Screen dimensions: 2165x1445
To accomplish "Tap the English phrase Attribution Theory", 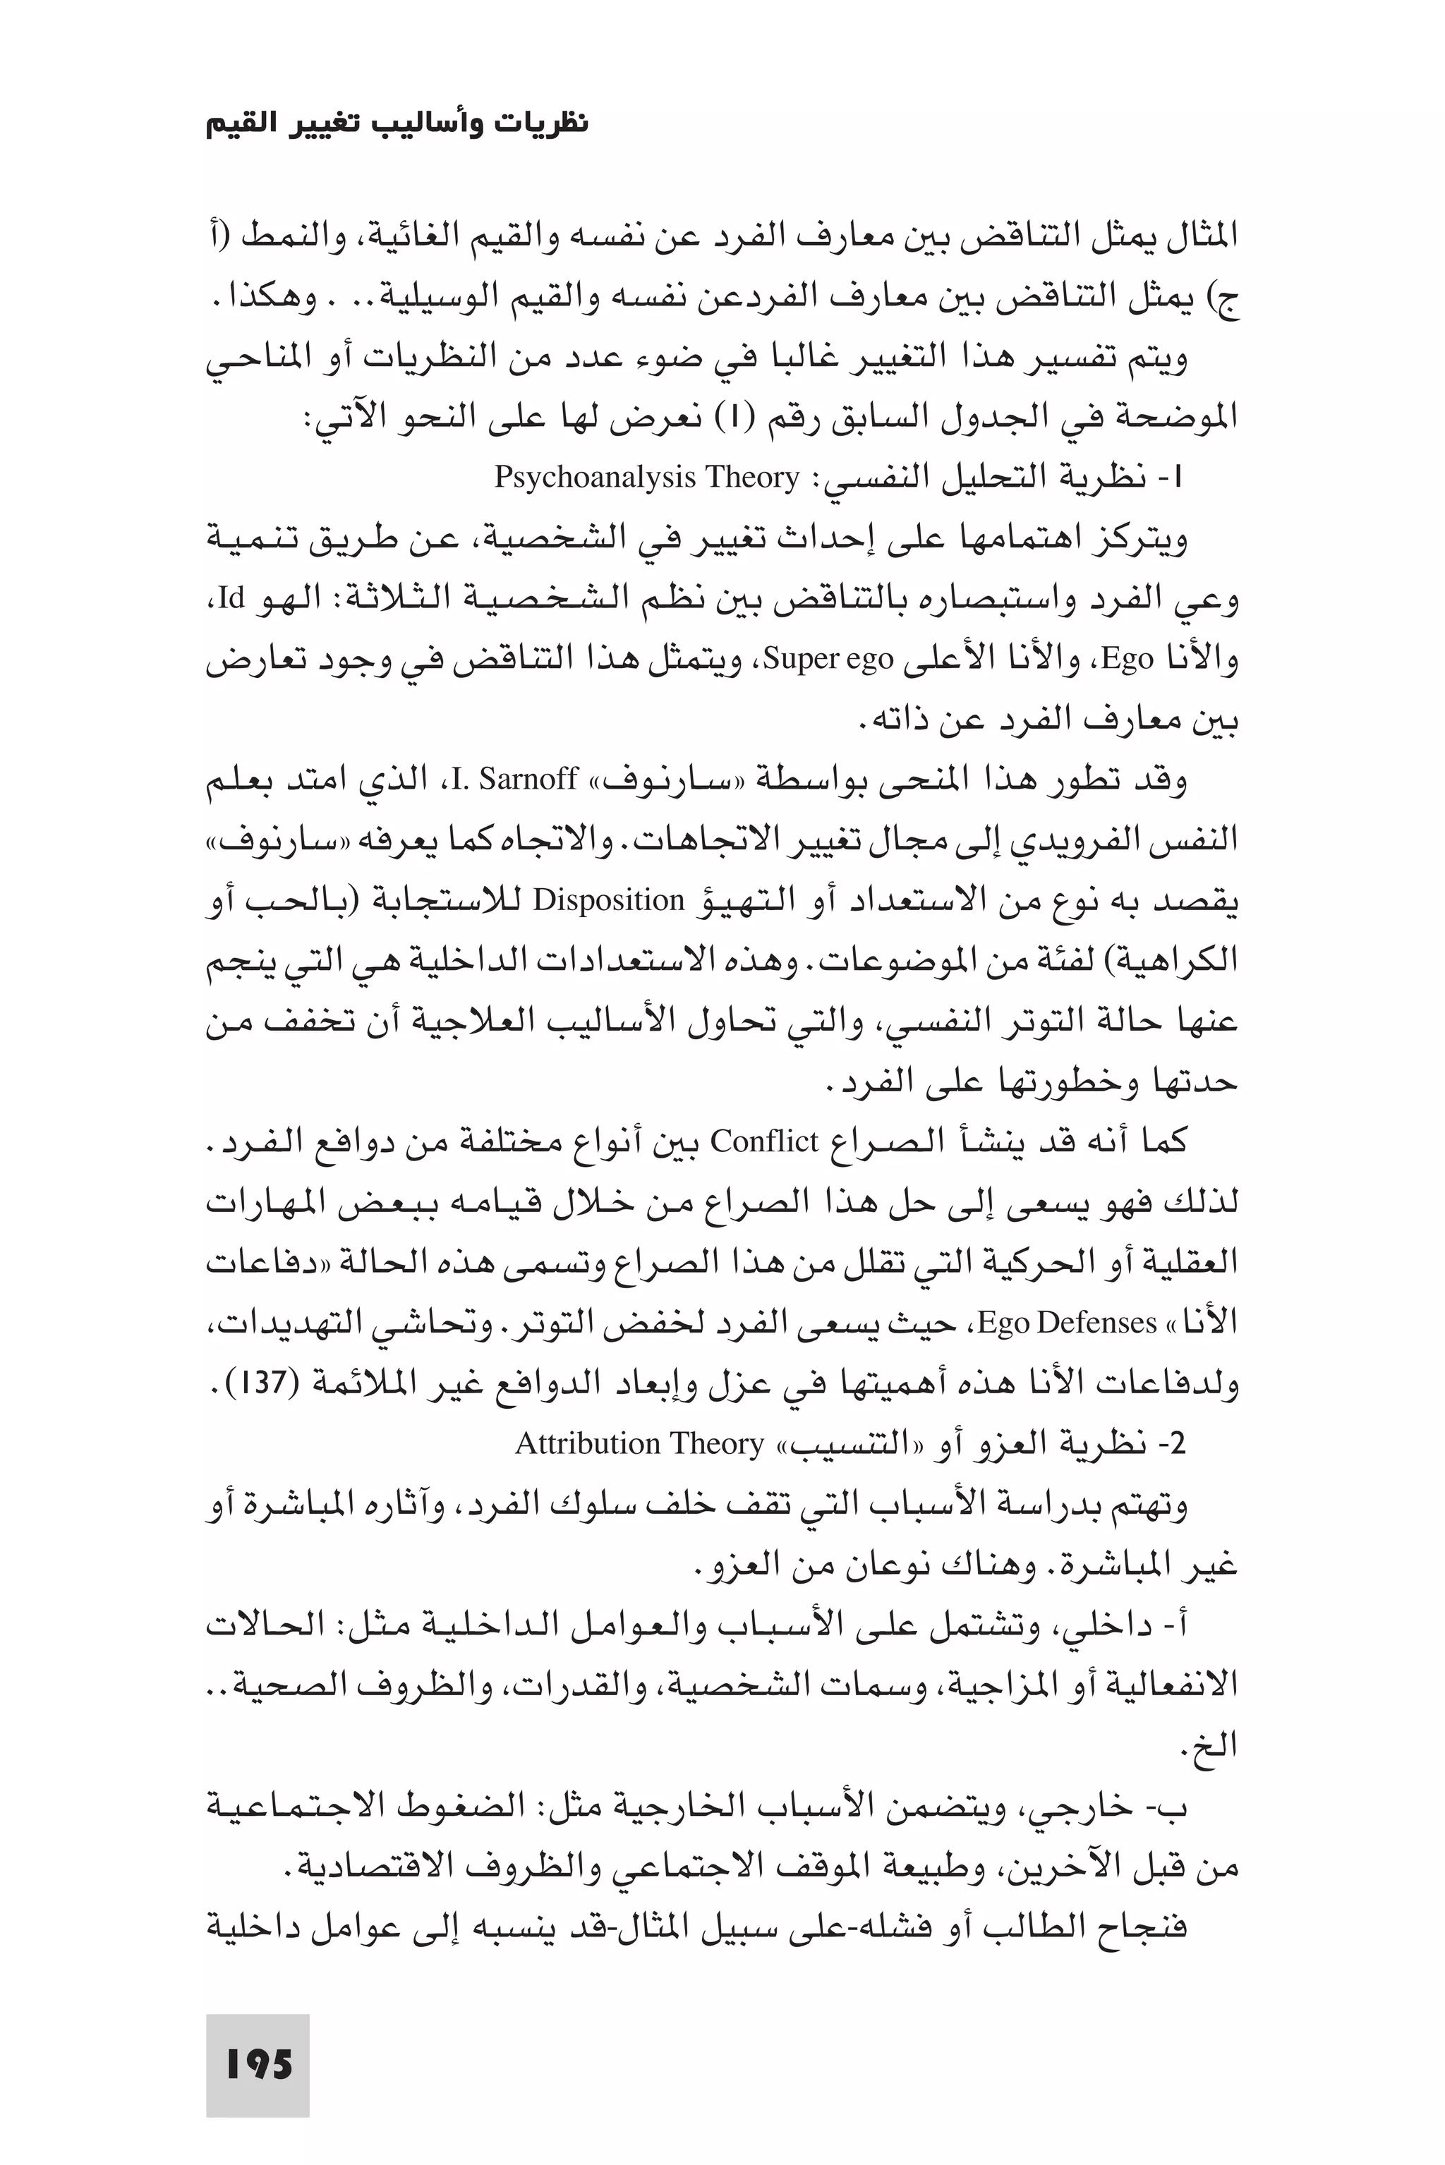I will coord(639,1443).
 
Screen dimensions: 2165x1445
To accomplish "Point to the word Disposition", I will coord(608,900).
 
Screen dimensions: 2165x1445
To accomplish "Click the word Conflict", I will coord(764,1141).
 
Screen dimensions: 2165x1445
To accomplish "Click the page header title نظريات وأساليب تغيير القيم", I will coord(397,123).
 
